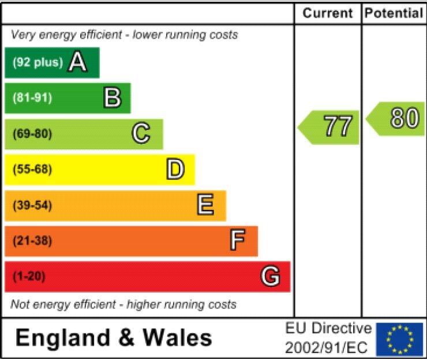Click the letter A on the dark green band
coord(77,62)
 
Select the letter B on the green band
coord(112,98)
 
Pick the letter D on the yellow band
coord(175,170)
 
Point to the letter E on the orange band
coord(205,205)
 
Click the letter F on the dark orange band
coord(237,241)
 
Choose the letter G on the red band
coord(270,277)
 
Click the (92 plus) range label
coord(38,62)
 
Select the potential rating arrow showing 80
coord(397,119)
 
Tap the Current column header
coord(328,13)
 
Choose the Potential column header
coord(394,13)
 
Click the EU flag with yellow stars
coord(399,339)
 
